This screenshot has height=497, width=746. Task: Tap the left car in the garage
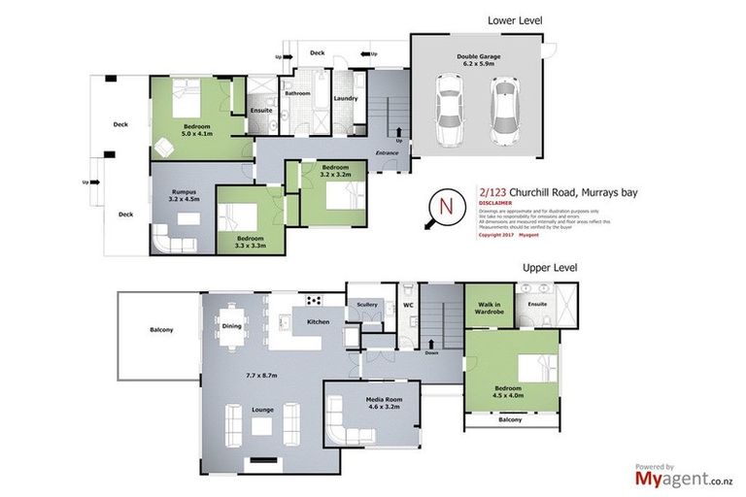(449, 106)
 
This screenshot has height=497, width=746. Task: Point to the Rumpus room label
(184, 192)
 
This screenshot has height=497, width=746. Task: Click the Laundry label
(346, 98)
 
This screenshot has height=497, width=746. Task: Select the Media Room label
(372, 399)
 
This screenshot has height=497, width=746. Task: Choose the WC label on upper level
(409, 306)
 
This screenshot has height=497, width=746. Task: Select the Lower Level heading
(515, 19)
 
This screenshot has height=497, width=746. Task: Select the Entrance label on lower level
(389, 153)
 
